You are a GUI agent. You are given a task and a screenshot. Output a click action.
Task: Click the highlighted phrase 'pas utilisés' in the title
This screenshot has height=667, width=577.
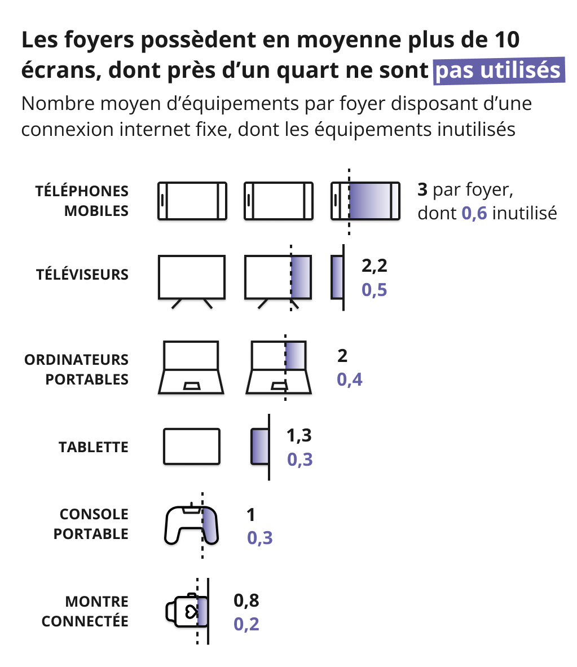point(499,70)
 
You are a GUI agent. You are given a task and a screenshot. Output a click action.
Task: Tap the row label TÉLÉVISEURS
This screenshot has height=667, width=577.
point(82,275)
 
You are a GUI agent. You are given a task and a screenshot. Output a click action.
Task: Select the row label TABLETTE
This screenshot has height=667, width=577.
point(94,447)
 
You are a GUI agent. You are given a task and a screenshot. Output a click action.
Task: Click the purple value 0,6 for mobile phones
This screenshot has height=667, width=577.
point(474,213)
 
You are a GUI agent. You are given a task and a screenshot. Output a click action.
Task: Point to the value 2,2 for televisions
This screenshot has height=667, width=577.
point(375,266)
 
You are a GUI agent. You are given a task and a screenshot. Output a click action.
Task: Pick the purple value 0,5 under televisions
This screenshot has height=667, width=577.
point(375,290)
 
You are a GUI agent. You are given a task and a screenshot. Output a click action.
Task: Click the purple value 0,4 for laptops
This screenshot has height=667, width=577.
point(350,379)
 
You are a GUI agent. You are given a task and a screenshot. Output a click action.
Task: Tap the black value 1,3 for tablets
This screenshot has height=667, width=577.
point(299,435)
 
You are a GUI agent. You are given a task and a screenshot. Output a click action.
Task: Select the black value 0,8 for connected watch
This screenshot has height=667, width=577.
point(246,600)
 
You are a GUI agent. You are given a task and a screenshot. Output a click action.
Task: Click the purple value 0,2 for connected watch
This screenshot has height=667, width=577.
point(246,625)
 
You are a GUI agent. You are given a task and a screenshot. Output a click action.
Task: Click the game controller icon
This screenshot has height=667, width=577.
point(191,525)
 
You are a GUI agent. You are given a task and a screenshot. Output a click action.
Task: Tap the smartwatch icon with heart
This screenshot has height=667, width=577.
point(187,611)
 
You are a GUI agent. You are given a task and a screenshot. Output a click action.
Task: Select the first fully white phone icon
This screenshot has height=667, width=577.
point(192,201)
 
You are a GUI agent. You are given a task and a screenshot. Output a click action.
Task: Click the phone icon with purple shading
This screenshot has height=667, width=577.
point(365,201)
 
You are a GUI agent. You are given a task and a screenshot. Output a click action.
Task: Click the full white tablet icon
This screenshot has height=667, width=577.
point(192,447)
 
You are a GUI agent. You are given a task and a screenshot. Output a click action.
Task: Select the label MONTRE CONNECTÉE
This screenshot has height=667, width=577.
point(85,611)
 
